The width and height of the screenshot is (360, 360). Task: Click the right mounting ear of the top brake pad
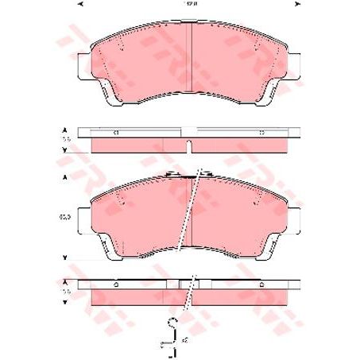(x=292, y=68)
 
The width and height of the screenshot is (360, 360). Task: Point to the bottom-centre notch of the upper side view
(x=188, y=148)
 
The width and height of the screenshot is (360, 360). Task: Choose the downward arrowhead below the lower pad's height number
(x=63, y=257)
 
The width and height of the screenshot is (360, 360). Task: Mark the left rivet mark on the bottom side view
(x=116, y=285)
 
